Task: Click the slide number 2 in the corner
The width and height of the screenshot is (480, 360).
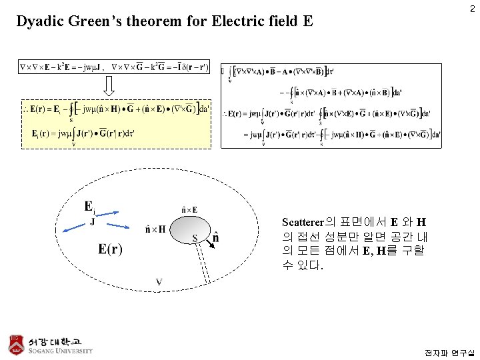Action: click(471, 9)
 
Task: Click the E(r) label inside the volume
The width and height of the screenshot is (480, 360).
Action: click(110, 249)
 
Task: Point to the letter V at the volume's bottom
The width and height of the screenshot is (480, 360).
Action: click(159, 283)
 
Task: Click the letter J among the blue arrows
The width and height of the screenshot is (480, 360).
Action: click(92, 222)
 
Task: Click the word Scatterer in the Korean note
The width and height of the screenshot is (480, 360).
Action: click(302, 222)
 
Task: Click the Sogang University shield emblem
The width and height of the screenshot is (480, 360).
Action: click(16, 343)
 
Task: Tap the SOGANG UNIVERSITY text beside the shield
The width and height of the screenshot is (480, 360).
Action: click(60, 351)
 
